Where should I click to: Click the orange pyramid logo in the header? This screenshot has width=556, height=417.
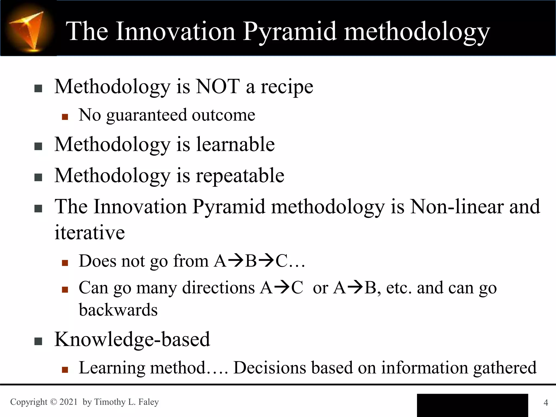(28, 30)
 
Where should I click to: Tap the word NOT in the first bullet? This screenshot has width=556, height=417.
(218, 87)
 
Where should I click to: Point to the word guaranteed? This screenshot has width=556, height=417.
(146, 115)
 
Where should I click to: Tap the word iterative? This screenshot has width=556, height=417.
(90, 233)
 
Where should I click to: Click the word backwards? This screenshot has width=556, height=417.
(118, 310)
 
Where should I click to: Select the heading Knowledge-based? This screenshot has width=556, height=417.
(132, 339)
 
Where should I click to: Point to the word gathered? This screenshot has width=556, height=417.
(505, 368)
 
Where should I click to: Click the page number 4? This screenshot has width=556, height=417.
(546, 402)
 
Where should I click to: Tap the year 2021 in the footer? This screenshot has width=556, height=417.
(68, 402)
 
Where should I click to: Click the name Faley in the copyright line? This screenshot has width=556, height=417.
(149, 402)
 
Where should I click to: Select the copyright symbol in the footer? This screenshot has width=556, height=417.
(53, 402)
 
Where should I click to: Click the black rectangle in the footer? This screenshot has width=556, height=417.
(472, 405)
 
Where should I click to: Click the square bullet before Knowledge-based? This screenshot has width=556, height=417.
(38, 341)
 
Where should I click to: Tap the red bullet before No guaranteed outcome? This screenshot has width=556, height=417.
(65, 117)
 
